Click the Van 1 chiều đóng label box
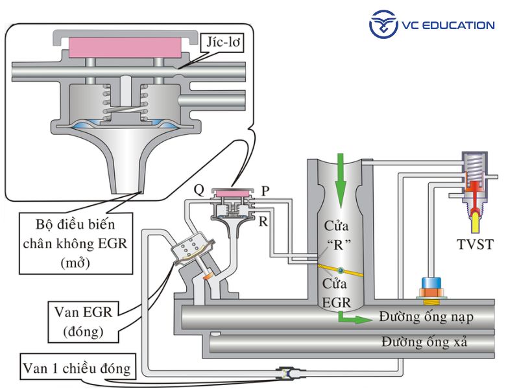[76, 369]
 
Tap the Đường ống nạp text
[427, 317]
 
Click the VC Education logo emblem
[383, 25]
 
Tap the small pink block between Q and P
[233, 193]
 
